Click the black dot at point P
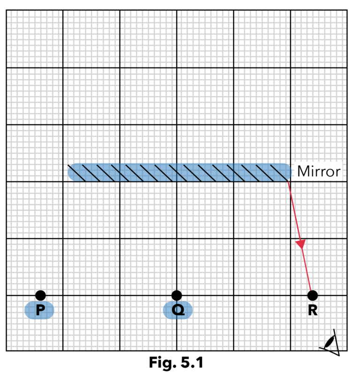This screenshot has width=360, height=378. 40,295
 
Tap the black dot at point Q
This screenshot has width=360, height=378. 177,295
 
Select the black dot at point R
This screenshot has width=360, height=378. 313,295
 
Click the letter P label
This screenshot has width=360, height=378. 40,310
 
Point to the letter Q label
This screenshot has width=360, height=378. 178,310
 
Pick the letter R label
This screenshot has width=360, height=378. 313,310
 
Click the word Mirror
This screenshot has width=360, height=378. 319,171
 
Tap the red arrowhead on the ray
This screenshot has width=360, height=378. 301,244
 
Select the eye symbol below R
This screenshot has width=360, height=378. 330,342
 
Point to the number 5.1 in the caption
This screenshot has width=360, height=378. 192,362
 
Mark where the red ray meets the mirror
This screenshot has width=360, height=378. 288,181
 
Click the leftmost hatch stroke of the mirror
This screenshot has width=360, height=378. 77,173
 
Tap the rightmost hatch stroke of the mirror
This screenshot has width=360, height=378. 279,173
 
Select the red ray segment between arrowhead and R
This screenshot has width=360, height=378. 306,270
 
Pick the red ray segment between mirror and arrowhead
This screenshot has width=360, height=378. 294,211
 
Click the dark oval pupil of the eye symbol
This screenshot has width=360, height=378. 330,342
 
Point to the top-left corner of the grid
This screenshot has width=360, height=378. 6,10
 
